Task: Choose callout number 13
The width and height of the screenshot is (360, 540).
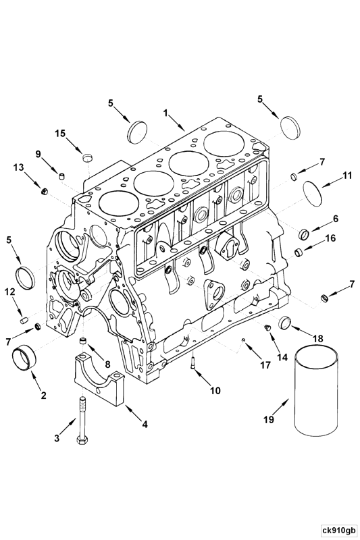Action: tap(18, 167)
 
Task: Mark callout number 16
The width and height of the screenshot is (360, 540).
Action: tap(330, 238)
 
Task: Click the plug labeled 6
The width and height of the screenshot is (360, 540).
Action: tap(304, 234)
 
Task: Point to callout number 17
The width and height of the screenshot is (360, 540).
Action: tap(264, 365)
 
